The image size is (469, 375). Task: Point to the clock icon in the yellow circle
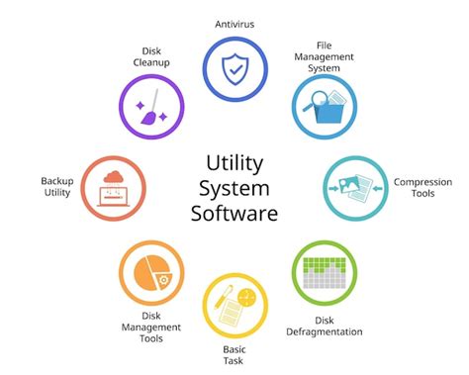(x=246, y=296)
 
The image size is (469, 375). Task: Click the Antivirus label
(x=234, y=23)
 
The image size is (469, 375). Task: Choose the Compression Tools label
(x=422, y=188)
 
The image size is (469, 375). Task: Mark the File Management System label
(x=324, y=55)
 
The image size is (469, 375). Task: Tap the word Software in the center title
(x=234, y=212)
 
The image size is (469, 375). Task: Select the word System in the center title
(x=234, y=186)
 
